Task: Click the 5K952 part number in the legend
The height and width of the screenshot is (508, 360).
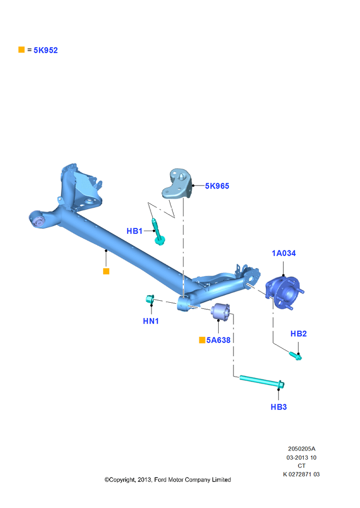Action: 46,50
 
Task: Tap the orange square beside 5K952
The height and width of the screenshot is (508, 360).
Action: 21,50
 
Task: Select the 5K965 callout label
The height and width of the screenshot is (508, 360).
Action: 217,186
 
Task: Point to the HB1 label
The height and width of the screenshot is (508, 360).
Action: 134,231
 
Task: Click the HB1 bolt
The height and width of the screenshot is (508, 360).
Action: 158,232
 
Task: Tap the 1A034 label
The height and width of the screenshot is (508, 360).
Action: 284,253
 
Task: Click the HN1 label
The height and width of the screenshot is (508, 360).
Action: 151,321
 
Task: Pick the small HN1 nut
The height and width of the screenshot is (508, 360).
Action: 150,299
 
